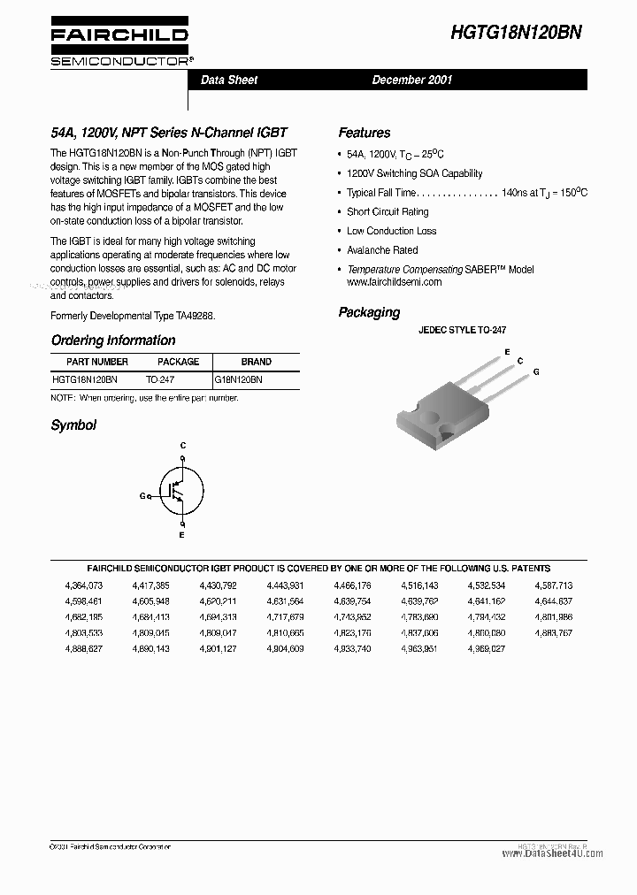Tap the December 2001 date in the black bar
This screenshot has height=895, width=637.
(x=412, y=80)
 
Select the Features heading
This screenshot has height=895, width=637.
(x=364, y=133)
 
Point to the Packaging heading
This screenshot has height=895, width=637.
(x=369, y=312)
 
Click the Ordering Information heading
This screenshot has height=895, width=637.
(x=113, y=340)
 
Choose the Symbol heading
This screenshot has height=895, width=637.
(x=73, y=425)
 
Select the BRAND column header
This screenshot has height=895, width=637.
(x=257, y=362)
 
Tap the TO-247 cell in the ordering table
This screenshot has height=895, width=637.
(x=160, y=379)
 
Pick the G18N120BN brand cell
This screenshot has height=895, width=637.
(x=239, y=379)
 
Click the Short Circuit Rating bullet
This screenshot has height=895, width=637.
(x=388, y=212)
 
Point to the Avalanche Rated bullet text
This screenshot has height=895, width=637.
(x=382, y=250)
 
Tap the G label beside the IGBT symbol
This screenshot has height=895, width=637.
(x=142, y=496)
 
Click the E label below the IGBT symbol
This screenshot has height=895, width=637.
(x=182, y=535)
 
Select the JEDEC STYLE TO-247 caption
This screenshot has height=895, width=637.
(x=462, y=330)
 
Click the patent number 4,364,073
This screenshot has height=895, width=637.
(x=84, y=585)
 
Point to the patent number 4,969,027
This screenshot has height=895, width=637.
(x=487, y=648)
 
